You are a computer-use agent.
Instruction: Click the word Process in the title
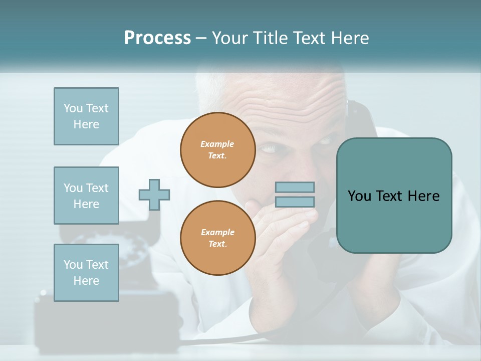pyautogui.click(x=157, y=38)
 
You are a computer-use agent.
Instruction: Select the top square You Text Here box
pyautogui.click(x=86, y=116)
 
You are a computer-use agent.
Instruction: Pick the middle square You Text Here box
pyautogui.click(x=86, y=196)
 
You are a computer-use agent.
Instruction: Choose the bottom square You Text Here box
pyautogui.click(x=86, y=273)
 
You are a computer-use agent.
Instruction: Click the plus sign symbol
pyautogui.click(x=154, y=195)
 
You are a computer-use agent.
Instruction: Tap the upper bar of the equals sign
pyautogui.click(x=295, y=187)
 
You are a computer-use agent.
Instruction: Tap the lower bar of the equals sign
pyautogui.click(x=295, y=202)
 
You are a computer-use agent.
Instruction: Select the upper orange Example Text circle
pyautogui.click(x=217, y=149)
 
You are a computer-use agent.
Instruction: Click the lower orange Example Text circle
pyautogui.click(x=217, y=238)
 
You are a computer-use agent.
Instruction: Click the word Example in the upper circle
pyautogui.click(x=217, y=144)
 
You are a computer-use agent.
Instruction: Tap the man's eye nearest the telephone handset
pyautogui.click(x=324, y=141)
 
